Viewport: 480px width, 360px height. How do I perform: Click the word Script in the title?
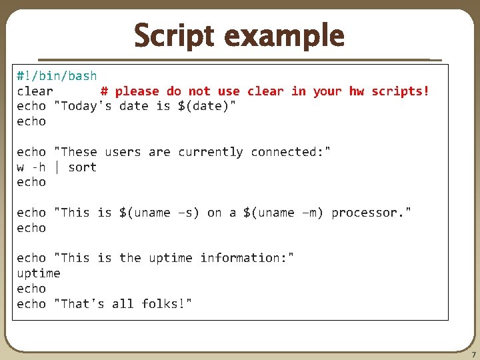point(175,37)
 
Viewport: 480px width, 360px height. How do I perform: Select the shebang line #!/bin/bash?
point(57,76)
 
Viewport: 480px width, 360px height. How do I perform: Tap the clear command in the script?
point(35,91)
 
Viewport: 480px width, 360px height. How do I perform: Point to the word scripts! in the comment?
point(400,91)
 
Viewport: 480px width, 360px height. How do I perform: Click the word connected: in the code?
point(291,152)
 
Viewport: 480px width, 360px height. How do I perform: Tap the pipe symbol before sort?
point(57,167)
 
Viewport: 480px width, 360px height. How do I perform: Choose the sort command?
point(82,167)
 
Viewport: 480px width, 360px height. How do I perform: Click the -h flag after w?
point(39,167)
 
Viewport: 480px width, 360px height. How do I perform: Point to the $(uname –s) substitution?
point(159,213)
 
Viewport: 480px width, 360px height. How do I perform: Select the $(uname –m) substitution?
point(283,213)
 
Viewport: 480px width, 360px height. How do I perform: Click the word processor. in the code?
point(371,213)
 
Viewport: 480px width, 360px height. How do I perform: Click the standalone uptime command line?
point(39,273)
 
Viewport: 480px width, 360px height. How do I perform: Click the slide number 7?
point(473,353)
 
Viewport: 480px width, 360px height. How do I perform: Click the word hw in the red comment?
point(357,91)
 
